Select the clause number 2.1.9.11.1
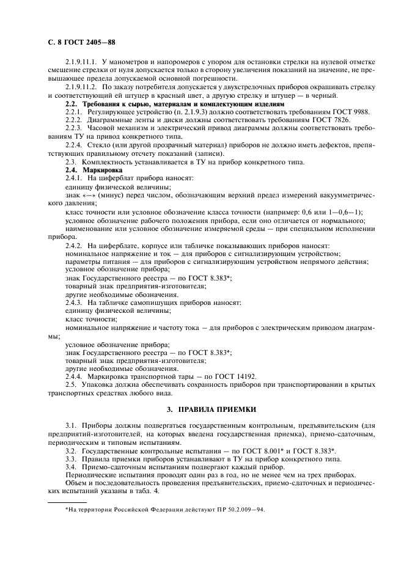coord(83,62)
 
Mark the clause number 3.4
coord(71,466)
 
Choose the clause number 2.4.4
coord(74,377)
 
